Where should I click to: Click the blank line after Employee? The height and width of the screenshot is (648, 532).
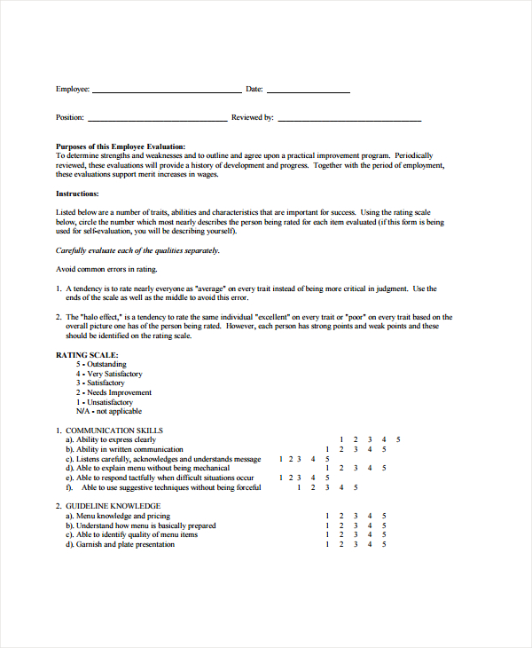166,91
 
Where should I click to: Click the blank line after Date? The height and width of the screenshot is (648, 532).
308,91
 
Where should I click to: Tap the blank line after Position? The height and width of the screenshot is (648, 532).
157,120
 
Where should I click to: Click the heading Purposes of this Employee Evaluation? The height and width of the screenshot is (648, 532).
121,146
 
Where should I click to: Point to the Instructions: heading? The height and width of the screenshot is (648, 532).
77,194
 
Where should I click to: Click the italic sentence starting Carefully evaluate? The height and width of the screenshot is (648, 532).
137,250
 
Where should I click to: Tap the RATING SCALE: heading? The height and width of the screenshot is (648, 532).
87,355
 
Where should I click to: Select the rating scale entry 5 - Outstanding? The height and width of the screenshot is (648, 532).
101,365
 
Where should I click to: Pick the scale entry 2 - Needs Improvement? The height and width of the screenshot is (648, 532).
113,392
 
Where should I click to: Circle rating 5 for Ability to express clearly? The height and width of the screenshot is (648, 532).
398,440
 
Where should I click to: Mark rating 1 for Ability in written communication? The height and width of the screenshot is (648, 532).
327,449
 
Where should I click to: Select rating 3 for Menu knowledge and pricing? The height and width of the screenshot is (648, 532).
356,516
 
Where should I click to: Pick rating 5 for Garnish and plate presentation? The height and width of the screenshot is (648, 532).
384,545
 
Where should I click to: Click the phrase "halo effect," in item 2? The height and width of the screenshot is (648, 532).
106,317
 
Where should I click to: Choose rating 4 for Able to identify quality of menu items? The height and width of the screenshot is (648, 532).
370,535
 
